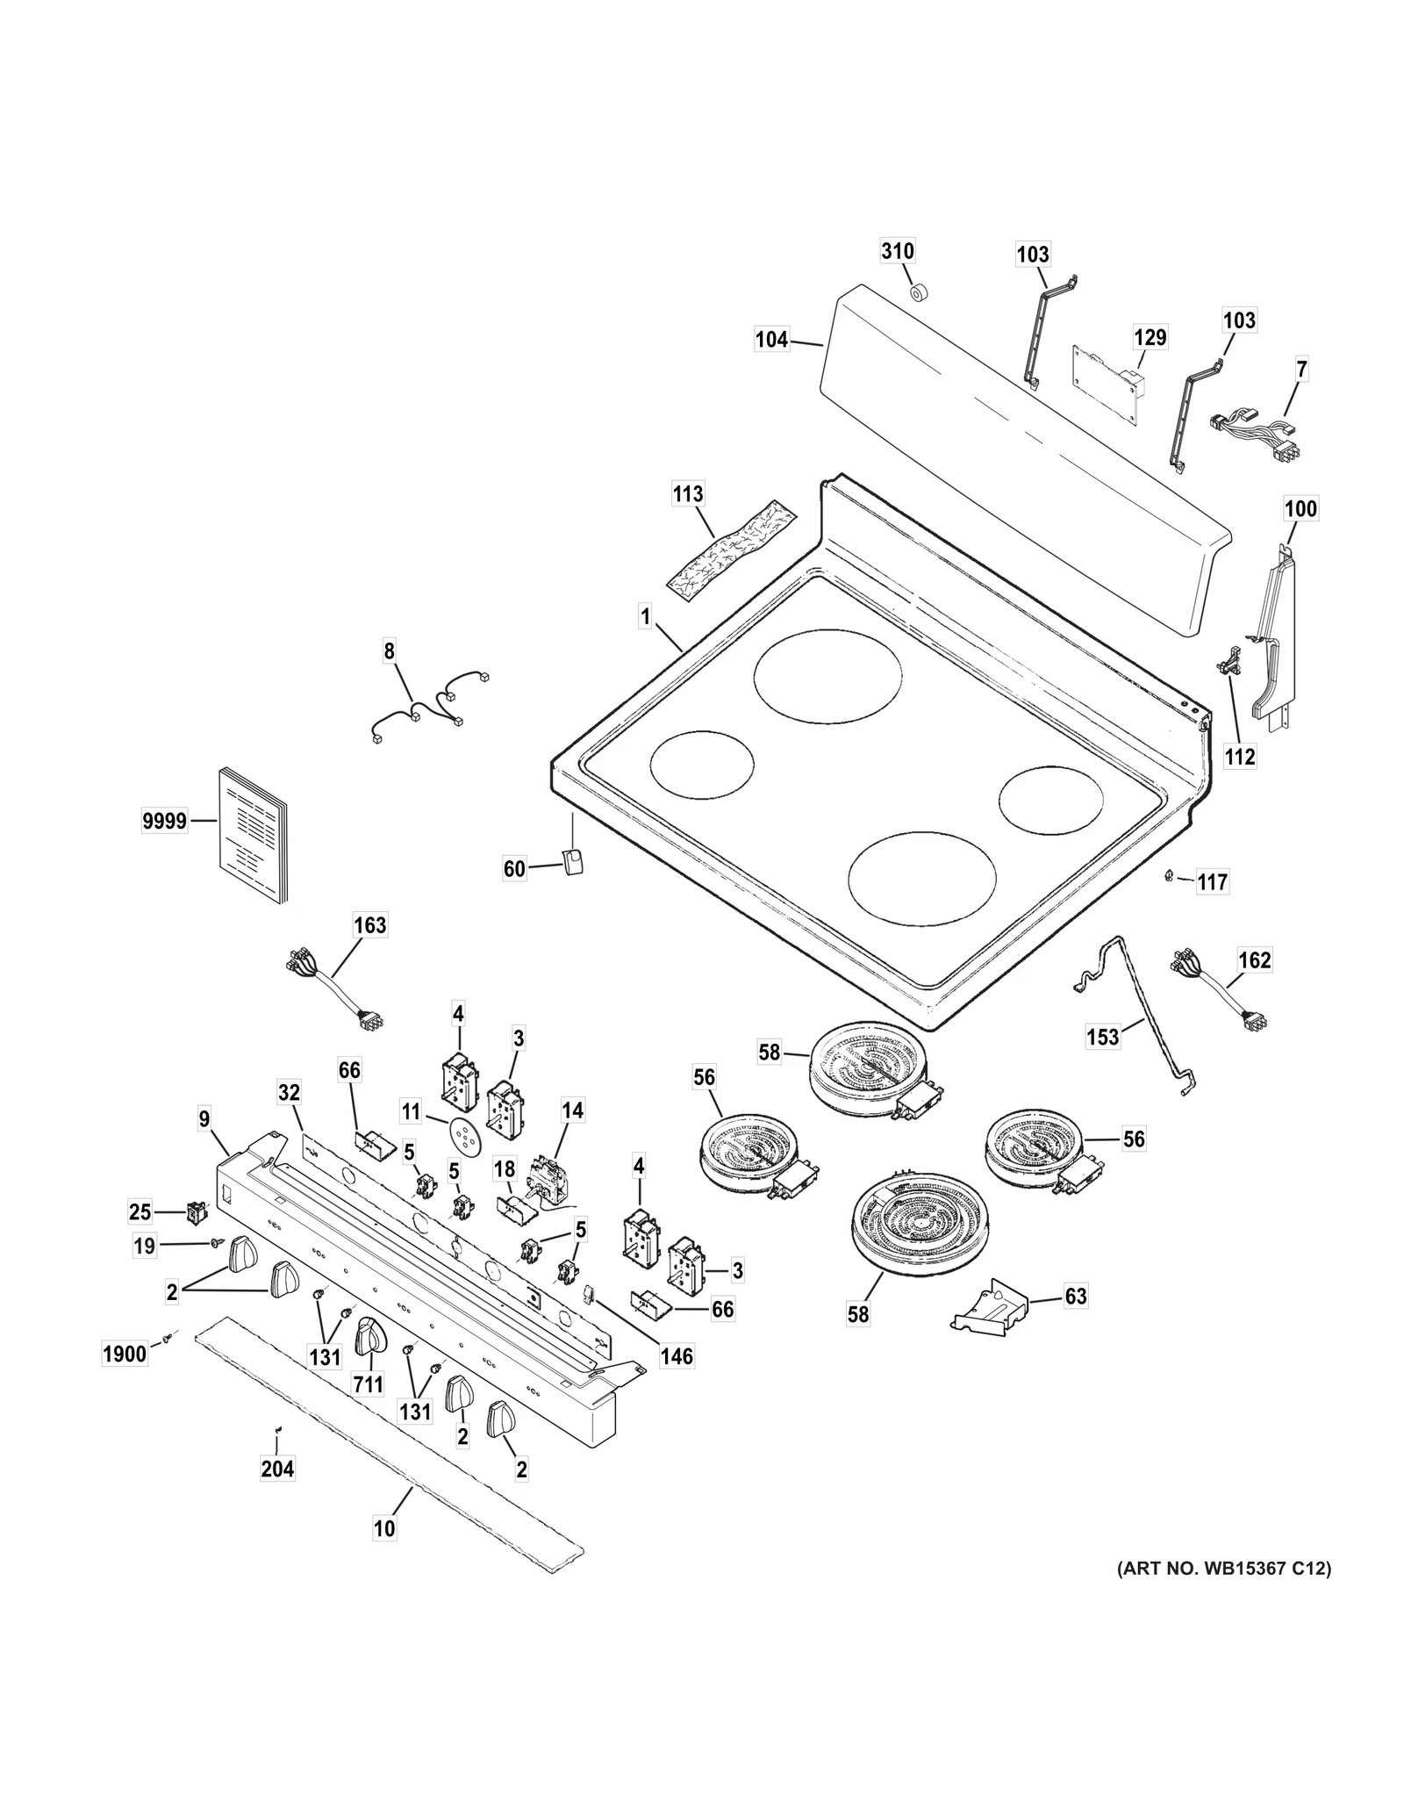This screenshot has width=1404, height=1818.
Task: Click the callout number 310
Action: click(897, 251)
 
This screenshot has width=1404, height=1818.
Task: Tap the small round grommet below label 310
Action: click(918, 292)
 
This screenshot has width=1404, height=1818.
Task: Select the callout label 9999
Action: click(164, 821)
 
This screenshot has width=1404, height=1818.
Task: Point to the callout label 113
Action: click(687, 494)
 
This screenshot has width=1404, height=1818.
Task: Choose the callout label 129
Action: click(1150, 337)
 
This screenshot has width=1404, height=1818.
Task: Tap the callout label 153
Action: click(1102, 1037)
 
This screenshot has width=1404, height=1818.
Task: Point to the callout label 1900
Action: click(125, 1355)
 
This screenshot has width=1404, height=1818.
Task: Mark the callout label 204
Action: click(277, 1469)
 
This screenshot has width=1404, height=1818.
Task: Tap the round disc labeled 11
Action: click(462, 1139)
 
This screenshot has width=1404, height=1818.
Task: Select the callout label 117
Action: click(1213, 881)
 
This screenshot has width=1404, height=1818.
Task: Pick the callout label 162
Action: click(1253, 960)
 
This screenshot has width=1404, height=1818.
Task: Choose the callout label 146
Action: click(676, 1356)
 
